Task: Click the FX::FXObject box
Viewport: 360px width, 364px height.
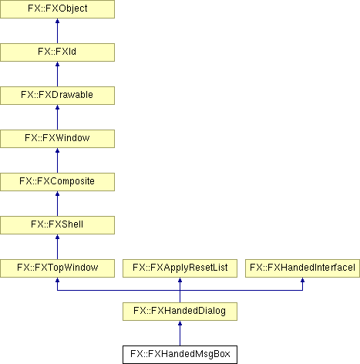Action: pos(57,9)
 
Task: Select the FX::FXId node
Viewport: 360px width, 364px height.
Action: pos(57,52)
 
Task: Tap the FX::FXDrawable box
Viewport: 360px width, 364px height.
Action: pos(57,96)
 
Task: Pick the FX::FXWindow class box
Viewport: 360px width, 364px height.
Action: pos(57,139)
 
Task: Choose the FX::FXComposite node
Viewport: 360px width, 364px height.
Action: pos(57,182)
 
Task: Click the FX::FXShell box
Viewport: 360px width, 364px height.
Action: pos(57,225)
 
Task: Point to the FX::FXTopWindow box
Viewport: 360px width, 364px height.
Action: pos(57,268)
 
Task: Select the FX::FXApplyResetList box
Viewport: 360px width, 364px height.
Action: pos(180,268)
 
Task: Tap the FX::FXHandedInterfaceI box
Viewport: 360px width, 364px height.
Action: pos(302,268)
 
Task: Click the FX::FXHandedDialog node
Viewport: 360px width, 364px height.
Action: pos(180,312)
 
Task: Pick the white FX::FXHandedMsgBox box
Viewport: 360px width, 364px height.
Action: pos(180,355)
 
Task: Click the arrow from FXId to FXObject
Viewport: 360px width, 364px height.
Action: pos(57,31)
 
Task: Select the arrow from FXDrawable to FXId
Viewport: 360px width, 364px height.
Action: pos(57,74)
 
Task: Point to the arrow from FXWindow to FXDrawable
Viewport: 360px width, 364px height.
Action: pos(57,117)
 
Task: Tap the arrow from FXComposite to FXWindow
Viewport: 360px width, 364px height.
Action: pos(57,160)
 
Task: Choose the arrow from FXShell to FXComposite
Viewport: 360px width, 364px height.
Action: pos(57,204)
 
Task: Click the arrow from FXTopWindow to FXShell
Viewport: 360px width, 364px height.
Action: pos(57,247)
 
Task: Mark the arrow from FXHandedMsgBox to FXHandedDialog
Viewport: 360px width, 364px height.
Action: pos(180,333)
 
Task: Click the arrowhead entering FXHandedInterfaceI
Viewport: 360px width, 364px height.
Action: pos(302,280)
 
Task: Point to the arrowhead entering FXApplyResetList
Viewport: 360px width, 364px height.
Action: pos(180,280)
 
